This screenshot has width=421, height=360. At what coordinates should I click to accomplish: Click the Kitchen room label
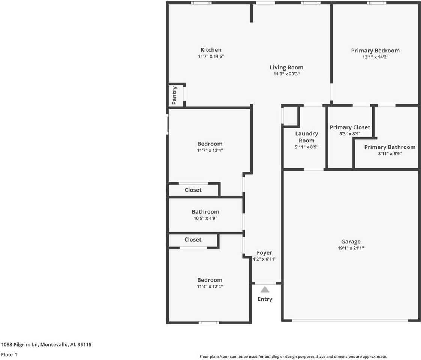[x=211, y=50]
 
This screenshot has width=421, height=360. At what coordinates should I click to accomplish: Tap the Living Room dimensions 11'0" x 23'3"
[x=286, y=74]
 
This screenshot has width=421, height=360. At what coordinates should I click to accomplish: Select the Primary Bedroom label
[x=375, y=51]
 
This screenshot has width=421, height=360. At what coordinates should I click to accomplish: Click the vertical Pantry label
[x=174, y=95]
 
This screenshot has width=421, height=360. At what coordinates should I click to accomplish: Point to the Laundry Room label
[x=306, y=137]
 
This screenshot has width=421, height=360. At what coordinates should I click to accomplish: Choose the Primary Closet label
[x=350, y=127]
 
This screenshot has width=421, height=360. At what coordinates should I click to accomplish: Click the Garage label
[x=351, y=242]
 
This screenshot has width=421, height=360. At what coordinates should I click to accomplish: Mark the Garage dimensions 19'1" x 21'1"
[x=351, y=248]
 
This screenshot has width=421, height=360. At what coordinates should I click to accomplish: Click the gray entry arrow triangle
[x=265, y=289]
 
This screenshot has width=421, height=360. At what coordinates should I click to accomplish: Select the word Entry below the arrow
[x=265, y=299]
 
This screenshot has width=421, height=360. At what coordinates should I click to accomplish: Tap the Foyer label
[x=264, y=253]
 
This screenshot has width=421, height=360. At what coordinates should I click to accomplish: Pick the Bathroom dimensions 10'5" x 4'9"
[x=205, y=218]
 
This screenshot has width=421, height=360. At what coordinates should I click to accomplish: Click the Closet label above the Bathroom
[x=193, y=190]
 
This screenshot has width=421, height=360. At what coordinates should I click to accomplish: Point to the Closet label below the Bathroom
[x=193, y=240]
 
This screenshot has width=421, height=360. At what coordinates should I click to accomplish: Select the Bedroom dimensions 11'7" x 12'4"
[x=210, y=150]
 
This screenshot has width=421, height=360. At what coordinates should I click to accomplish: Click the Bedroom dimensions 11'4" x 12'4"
[x=210, y=286]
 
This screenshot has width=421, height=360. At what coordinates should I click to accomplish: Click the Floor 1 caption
[x=9, y=354]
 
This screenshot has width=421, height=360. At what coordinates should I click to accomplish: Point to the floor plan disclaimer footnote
[x=293, y=357]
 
